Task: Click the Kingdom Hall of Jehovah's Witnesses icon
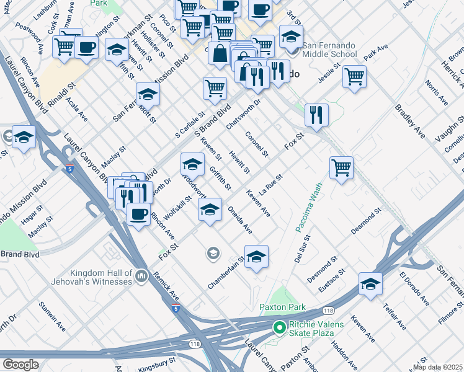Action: [x=141, y=276]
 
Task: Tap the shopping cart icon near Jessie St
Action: [x=354, y=77]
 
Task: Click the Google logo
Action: [x=20, y=365]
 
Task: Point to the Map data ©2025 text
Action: [x=437, y=367]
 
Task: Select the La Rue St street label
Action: [x=270, y=184]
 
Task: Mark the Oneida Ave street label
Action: [x=239, y=220]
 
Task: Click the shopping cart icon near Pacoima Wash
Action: [x=341, y=167]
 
